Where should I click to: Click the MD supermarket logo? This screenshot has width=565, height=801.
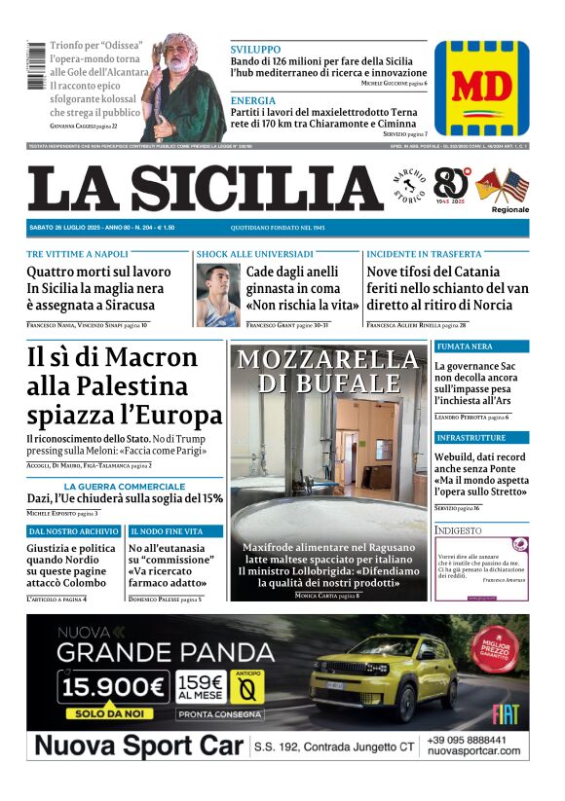481,87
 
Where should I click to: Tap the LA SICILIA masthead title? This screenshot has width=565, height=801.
206,189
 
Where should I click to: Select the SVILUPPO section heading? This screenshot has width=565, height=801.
255,49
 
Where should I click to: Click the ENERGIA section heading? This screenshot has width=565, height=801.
253,100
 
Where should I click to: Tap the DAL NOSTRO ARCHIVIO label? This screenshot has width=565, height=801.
75,531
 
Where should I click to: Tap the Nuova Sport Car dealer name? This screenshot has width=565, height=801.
136,746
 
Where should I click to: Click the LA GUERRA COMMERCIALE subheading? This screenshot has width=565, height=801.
125,486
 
